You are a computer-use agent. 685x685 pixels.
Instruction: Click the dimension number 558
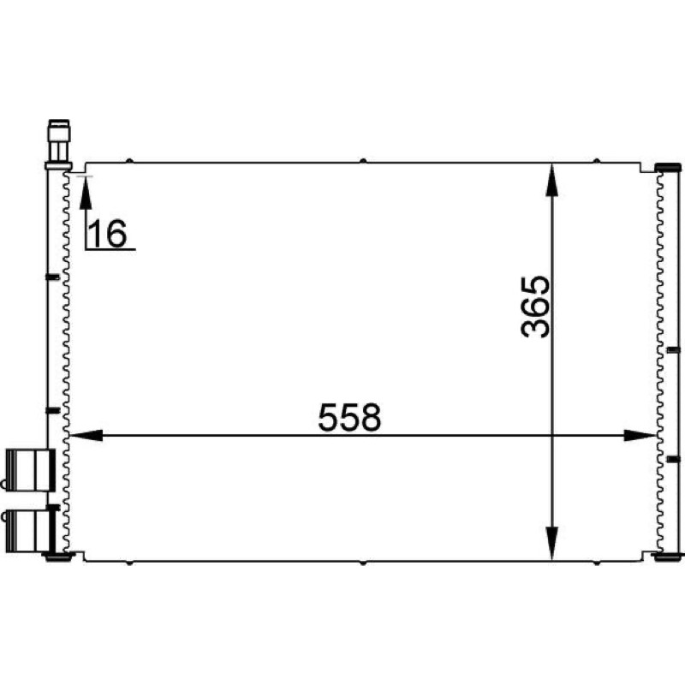(x=349, y=417)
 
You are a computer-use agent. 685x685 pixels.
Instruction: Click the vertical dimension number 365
(x=536, y=307)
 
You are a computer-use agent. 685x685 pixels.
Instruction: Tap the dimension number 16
(x=108, y=233)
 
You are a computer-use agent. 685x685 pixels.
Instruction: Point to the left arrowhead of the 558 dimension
(x=86, y=435)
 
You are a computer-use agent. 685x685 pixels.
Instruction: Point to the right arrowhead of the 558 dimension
(x=640, y=435)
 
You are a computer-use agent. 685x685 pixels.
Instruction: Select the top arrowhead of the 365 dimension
(x=552, y=180)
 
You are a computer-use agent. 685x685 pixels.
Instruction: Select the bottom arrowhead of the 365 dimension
(x=552, y=543)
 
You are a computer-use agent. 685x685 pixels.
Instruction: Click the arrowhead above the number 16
(x=86, y=192)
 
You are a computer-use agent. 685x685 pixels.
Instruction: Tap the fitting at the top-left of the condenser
(x=58, y=144)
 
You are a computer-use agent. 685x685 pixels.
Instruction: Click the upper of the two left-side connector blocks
(x=28, y=470)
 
